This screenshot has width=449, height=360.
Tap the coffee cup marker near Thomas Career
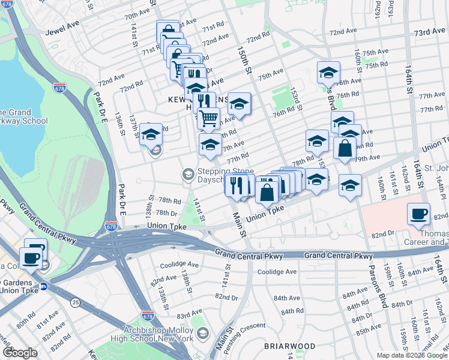[418, 214]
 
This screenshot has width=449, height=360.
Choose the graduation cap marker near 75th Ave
[328, 73]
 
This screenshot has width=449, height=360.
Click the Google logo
[19, 353]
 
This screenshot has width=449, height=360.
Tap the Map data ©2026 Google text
[412, 355]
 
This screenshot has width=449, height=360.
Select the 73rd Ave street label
[429, 32]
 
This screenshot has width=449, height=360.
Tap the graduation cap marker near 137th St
[151, 134]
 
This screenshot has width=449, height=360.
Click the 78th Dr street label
[166, 213]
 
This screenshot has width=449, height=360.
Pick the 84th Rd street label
[292, 311]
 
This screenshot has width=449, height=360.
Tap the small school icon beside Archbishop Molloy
[202, 333]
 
